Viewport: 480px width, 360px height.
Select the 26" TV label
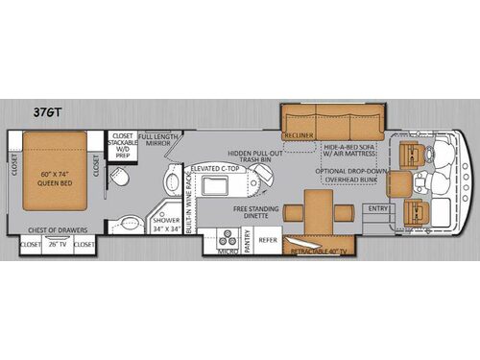pyautogui.click(x=58, y=244)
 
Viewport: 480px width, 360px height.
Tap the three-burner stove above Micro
pyautogui.click(x=227, y=235)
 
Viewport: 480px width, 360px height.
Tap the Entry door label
pyautogui.click(x=378, y=207)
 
